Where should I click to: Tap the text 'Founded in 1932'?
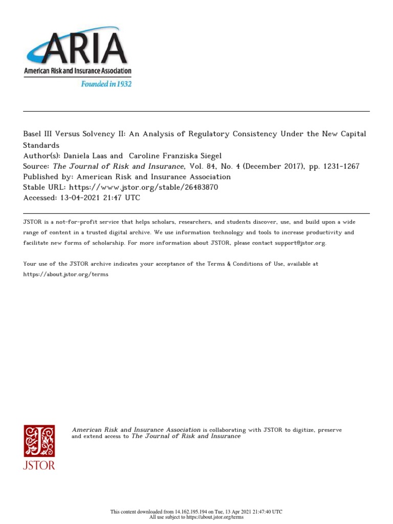tap(106, 83)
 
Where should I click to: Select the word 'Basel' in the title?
tap(34, 134)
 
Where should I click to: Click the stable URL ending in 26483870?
tap(144, 187)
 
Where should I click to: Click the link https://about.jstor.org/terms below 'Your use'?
tap(66, 274)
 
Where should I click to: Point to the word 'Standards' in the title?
tap(41, 145)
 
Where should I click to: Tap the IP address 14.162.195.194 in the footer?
tap(193, 512)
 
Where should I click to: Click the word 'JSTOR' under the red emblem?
tap(39, 466)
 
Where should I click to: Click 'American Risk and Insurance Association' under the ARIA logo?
tap(77, 72)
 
